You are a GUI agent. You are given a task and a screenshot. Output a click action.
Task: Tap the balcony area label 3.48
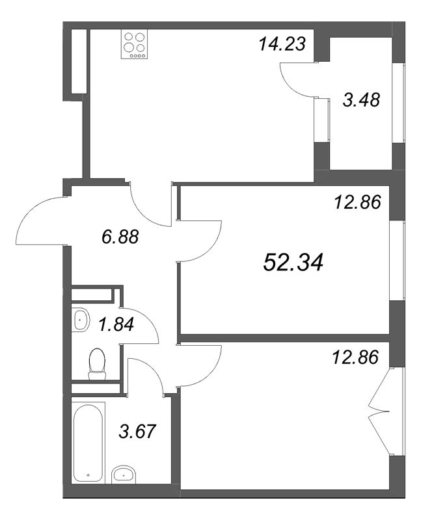[x=360, y=101]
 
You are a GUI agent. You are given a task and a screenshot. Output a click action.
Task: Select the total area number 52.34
[x=293, y=263]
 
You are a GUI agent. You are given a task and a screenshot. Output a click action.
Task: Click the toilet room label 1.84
[x=116, y=324]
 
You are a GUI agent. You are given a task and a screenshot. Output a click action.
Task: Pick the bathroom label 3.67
[x=139, y=430]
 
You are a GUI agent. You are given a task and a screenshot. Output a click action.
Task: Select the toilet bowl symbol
[x=98, y=363]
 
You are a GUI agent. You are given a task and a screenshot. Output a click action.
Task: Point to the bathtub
[x=88, y=443]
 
